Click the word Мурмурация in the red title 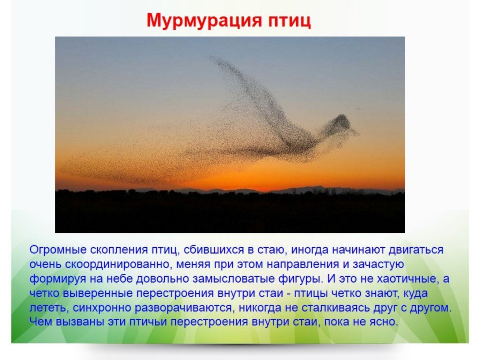(204, 21)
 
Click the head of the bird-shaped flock (341, 122)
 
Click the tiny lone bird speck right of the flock (358, 108)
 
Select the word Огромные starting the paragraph (58, 250)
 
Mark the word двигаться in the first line (416, 250)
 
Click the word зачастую (378, 264)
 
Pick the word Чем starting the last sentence (41, 322)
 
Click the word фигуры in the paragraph (300, 279)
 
